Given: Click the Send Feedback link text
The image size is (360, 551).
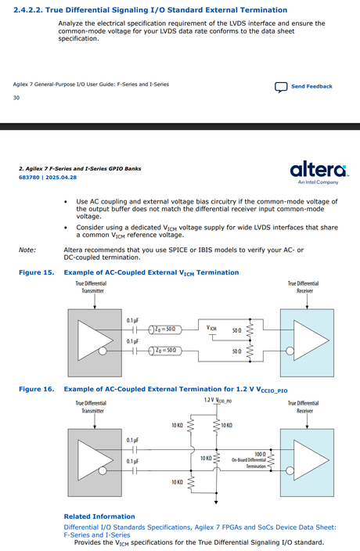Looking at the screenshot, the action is pyautogui.click(x=311, y=86).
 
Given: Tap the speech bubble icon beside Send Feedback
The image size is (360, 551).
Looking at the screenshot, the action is pyautogui.click(x=281, y=87).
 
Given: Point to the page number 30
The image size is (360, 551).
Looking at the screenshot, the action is pyautogui.click(x=16, y=98).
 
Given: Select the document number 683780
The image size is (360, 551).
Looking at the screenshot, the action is pyautogui.click(x=29, y=178).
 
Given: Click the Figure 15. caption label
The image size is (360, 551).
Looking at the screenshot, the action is pyautogui.click(x=37, y=272).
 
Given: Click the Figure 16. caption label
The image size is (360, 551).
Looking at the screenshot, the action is pyautogui.click(x=37, y=389).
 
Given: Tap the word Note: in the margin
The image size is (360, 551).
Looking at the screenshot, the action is pyautogui.click(x=27, y=250).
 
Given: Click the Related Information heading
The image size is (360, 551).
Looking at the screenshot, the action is pyautogui.click(x=99, y=517).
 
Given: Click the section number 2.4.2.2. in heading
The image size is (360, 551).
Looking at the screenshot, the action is pyautogui.click(x=28, y=10).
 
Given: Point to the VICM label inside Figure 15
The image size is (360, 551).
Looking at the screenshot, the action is pyautogui.click(x=211, y=328).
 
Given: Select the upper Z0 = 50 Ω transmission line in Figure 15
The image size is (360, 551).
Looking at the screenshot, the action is pyautogui.click(x=165, y=330).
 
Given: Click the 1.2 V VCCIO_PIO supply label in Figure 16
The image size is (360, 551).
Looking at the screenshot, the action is pyautogui.click(x=218, y=400).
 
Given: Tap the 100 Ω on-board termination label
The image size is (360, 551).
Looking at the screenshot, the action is pyautogui.click(x=261, y=455).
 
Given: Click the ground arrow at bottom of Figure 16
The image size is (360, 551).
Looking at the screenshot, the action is pyautogui.click(x=216, y=502).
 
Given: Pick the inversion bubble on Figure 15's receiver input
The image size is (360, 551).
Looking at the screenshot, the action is pyautogui.click(x=290, y=351).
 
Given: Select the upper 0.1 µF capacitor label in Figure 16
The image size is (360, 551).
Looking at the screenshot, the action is pyautogui.click(x=132, y=441).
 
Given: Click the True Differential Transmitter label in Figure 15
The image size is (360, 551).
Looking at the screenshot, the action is pyautogui.click(x=92, y=287).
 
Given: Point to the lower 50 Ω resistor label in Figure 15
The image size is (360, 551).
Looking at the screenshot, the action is pyautogui.click(x=237, y=351).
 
